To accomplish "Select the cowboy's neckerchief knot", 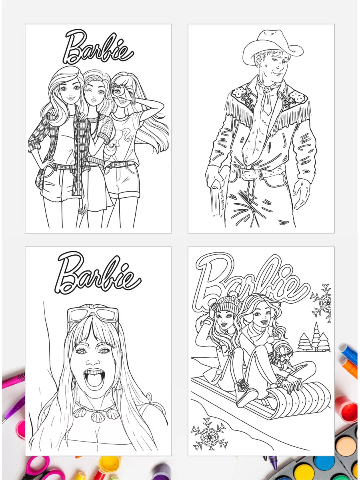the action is pos(267,89).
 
